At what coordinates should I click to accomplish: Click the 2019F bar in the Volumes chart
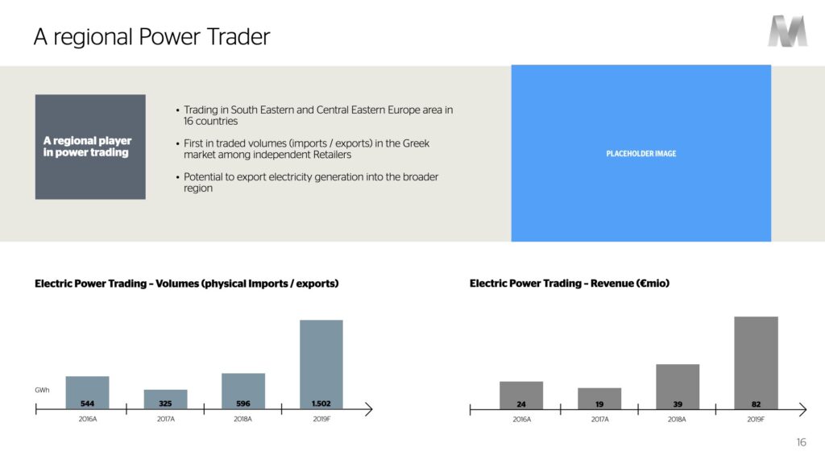click(321, 364)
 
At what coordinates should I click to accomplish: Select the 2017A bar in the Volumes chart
click(165, 400)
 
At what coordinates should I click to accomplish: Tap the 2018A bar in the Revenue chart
click(678, 387)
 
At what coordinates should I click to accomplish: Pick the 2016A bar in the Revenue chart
click(521, 396)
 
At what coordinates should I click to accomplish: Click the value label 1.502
click(321, 404)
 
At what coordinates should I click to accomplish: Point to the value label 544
click(87, 404)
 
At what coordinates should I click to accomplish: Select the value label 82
click(756, 404)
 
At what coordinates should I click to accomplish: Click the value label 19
click(599, 404)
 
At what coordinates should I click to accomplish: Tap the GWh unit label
click(42, 390)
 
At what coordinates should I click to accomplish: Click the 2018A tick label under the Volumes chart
click(243, 419)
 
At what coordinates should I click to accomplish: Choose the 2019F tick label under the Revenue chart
click(756, 419)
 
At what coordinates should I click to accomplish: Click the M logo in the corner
click(787, 31)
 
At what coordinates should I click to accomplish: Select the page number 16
click(802, 442)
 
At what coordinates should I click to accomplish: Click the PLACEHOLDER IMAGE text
click(641, 154)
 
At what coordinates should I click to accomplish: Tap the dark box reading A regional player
click(90, 147)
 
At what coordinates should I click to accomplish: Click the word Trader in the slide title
click(238, 37)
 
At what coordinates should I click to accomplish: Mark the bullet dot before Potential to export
click(178, 177)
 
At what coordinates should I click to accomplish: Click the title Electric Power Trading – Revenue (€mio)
click(570, 284)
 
